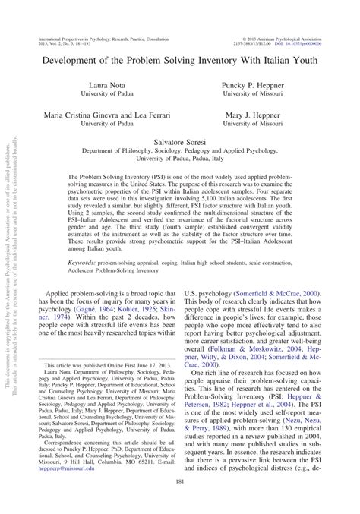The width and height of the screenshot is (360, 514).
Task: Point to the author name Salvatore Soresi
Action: pyautogui.click(x=180, y=141)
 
